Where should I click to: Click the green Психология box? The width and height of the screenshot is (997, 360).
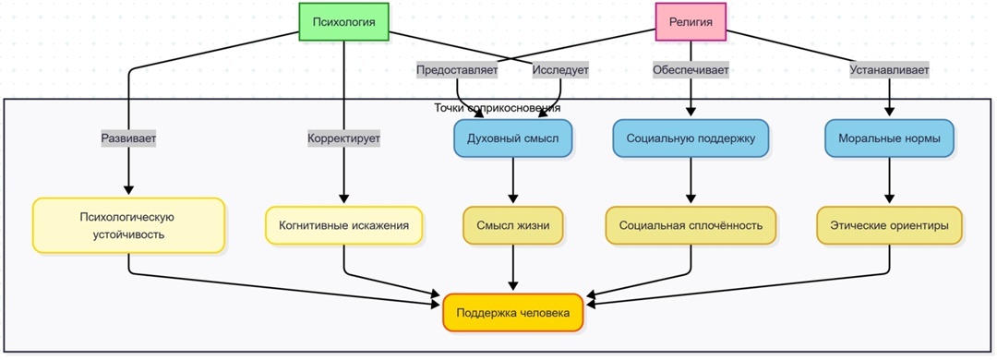[343, 22]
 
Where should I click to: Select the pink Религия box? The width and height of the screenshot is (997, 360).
[691, 22]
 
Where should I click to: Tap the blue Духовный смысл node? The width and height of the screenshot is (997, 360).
[512, 138]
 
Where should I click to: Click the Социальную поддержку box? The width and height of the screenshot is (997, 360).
[691, 138]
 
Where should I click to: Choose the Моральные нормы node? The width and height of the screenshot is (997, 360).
[889, 138]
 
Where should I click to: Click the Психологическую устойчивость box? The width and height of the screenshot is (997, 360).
[128, 225]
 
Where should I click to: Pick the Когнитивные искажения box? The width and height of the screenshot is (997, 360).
[344, 225]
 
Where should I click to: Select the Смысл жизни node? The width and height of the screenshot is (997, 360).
[512, 225]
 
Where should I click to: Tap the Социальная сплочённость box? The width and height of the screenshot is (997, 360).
[691, 225]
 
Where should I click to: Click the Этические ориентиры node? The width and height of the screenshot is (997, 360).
[889, 225]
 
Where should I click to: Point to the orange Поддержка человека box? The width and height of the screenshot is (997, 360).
[513, 313]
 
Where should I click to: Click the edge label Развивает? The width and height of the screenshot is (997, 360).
[128, 138]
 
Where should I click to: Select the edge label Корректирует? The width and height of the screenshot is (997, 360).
[344, 138]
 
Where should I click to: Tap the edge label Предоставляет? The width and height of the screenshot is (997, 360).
[457, 70]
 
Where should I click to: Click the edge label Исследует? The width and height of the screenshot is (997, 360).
[560, 70]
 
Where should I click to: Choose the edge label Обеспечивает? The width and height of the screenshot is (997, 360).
[691, 70]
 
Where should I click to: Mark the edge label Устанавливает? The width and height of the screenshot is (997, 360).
[889, 70]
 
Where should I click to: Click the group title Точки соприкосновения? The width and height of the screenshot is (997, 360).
[498, 108]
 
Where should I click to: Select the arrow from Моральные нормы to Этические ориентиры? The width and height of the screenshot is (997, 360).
[889, 182]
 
